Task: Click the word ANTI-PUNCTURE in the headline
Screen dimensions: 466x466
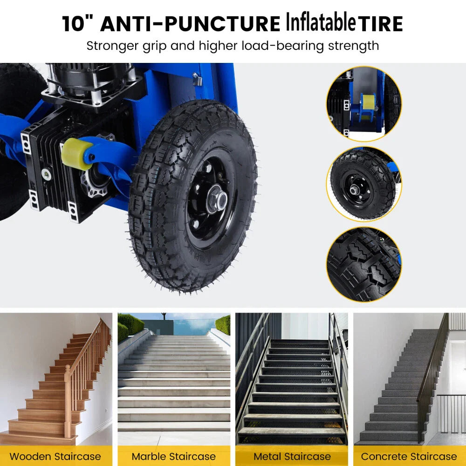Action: [190, 23]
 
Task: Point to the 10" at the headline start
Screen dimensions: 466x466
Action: [77, 23]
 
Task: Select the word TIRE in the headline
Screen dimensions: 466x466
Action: [380, 23]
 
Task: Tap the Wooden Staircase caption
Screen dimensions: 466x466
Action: [55, 456]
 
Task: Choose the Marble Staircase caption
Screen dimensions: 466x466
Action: [173, 456]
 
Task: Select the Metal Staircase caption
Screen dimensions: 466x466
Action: [292, 456]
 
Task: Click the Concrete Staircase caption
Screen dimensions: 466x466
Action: [409, 456]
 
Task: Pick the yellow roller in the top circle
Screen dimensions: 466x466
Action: [369, 102]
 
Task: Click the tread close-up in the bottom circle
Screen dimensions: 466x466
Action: [364, 264]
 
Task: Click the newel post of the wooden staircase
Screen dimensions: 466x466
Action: [68, 401]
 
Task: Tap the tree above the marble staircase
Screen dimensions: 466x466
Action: [164, 316]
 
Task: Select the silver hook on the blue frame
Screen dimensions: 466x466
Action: [197, 79]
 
